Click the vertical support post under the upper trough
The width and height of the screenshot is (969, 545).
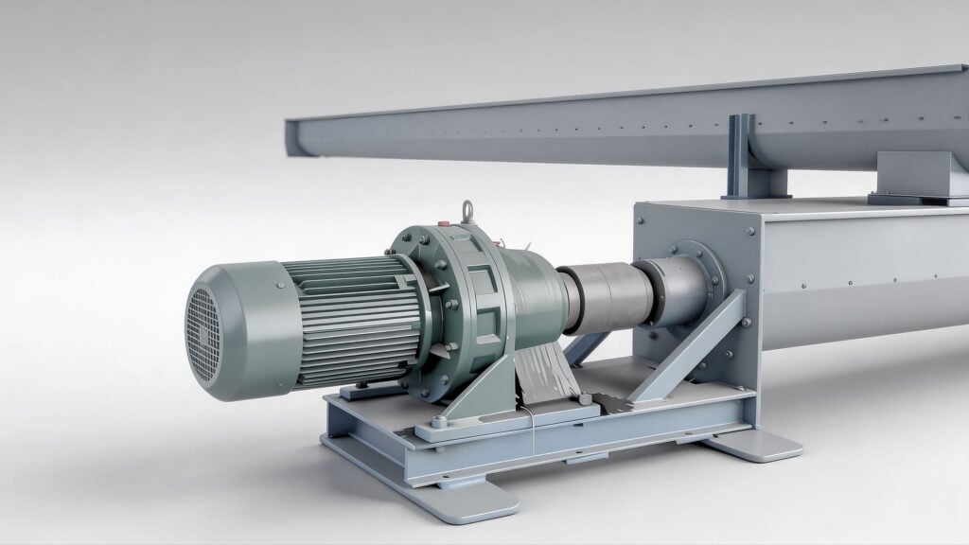click(x=741, y=156)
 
